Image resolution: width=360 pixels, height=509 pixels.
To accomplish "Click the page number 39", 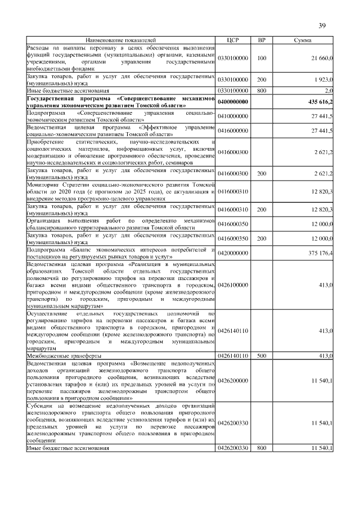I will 322,25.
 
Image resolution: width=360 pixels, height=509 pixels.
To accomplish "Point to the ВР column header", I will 261,41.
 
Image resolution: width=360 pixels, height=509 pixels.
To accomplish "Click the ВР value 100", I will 261,58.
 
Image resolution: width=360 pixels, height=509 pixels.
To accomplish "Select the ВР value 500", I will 261,357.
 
